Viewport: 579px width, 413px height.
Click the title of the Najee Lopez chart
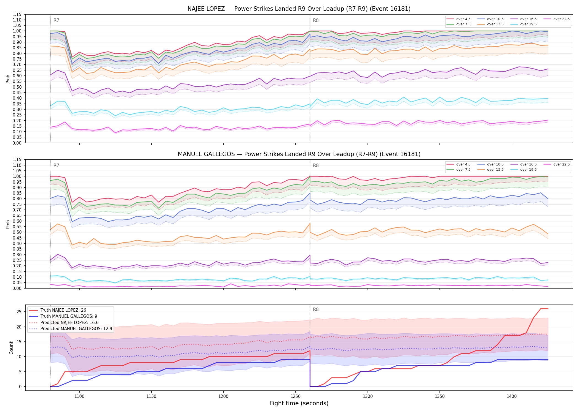click(x=299, y=9)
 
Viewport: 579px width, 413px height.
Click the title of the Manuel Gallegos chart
click(x=299, y=154)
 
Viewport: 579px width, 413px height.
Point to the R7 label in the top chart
click(x=56, y=20)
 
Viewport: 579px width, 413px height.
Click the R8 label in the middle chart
click(x=316, y=165)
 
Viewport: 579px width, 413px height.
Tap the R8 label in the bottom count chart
click(x=316, y=309)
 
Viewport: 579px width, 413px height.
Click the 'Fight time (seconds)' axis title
click(x=299, y=403)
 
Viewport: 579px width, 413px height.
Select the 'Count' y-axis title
click(x=11, y=348)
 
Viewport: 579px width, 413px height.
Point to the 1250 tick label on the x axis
click(x=296, y=396)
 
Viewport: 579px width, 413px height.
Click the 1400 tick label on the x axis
click(x=512, y=396)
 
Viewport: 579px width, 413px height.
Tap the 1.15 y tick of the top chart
click(x=17, y=14)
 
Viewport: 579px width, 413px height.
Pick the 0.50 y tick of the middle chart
click(x=17, y=232)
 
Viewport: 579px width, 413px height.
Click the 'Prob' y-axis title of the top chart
click(x=8, y=79)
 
